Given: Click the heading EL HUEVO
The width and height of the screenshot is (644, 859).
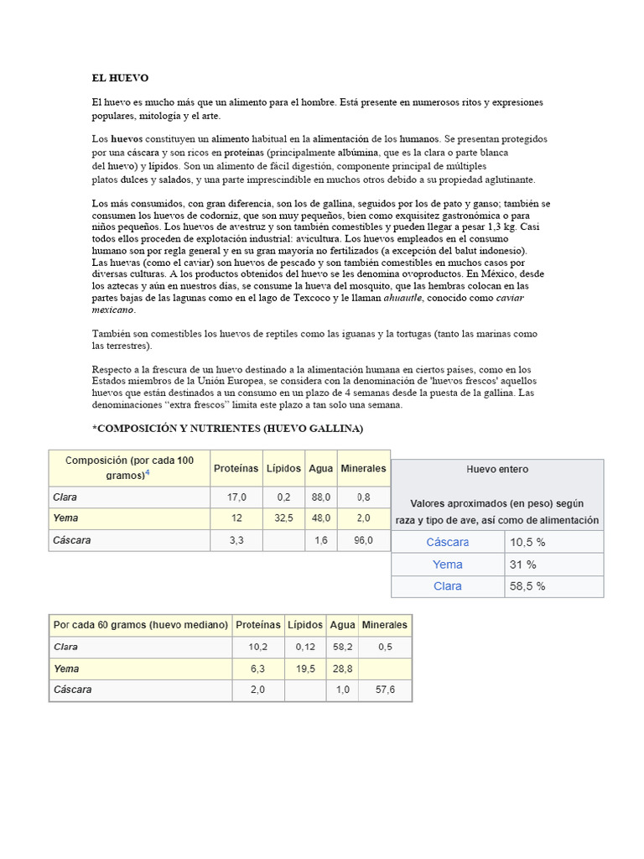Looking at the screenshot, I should pyautogui.click(x=120, y=78).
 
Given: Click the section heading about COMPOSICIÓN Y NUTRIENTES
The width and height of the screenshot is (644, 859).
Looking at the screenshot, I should pyautogui.click(x=227, y=429).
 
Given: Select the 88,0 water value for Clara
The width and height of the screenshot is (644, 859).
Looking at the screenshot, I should pyautogui.click(x=319, y=497).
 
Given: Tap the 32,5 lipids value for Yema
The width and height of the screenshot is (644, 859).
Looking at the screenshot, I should pyautogui.click(x=283, y=519).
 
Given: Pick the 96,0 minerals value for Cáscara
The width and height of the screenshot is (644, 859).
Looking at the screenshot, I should pyautogui.click(x=363, y=541).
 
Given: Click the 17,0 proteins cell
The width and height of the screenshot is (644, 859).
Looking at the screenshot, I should pyautogui.click(x=236, y=497).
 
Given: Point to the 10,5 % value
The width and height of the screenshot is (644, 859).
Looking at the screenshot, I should pyautogui.click(x=527, y=543).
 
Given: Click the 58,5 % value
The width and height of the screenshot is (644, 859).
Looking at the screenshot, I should pyautogui.click(x=527, y=586).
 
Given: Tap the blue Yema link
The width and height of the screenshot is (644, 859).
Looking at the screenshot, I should pyautogui.click(x=447, y=565).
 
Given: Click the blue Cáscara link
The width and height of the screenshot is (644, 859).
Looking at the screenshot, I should pyautogui.click(x=447, y=543).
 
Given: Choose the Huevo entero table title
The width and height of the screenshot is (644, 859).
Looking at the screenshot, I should pyautogui.click(x=497, y=470).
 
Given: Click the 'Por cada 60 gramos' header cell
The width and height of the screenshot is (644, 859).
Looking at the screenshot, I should pyautogui.click(x=141, y=625).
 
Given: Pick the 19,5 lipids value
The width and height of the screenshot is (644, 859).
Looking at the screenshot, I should pyautogui.click(x=305, y=669).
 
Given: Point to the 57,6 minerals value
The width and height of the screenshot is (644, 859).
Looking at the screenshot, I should pyautogui.click(x=385, y=690).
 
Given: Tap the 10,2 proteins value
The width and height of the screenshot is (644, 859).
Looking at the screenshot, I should pyautogui.click(x=257, y=647).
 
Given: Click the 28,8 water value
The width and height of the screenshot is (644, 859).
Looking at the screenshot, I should pyautogui.click(x=342, y=669).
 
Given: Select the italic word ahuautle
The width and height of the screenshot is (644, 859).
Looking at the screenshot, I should pyautogui.click(x=402, y=298).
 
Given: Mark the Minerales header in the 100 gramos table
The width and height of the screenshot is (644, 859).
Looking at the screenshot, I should pyautogui.click(x=363, y=468).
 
